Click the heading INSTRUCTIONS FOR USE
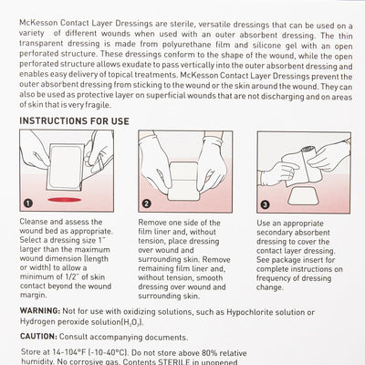83,119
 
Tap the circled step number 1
28,203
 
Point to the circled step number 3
264,204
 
